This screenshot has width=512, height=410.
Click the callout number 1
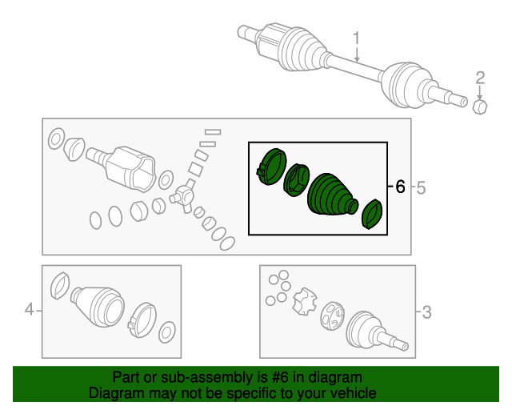click(357, 38)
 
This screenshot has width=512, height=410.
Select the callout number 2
click(481, 78)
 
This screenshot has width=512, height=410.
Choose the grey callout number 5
click(422, 188)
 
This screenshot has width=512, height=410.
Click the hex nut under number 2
click(481, 107)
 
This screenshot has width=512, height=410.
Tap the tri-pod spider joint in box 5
click(185, 195)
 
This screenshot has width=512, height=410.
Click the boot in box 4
click(98, 305)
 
